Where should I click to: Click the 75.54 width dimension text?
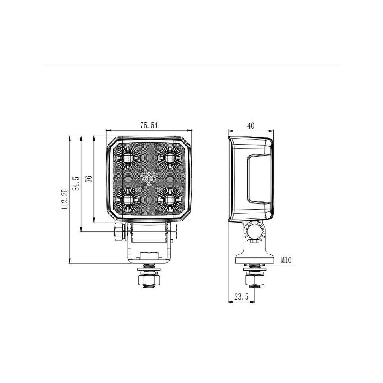coord(149,125)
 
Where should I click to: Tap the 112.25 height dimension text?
coord(65,199)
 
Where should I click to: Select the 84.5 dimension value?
coord(76,183)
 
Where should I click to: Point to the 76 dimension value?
coord(89,178)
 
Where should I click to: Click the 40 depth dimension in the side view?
coord(250,126)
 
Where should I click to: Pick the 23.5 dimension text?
coord(241,296)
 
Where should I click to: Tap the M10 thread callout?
coord(286,260)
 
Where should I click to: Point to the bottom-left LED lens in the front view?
coord(128,200)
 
